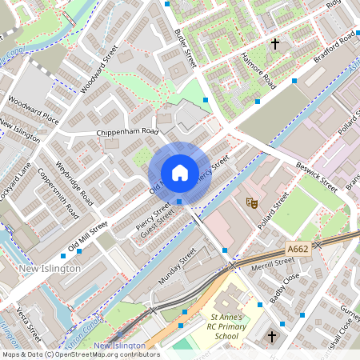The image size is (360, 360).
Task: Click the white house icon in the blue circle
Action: pos(179,173)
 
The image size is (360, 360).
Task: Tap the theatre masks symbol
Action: pos(251,203)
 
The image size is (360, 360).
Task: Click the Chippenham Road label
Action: pos(128,132)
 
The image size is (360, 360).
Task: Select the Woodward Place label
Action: pos(34,110)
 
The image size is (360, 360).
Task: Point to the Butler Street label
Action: pos(185,47)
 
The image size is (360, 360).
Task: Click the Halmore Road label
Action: pos(258,71)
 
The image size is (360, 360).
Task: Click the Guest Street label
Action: pos(157,225)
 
